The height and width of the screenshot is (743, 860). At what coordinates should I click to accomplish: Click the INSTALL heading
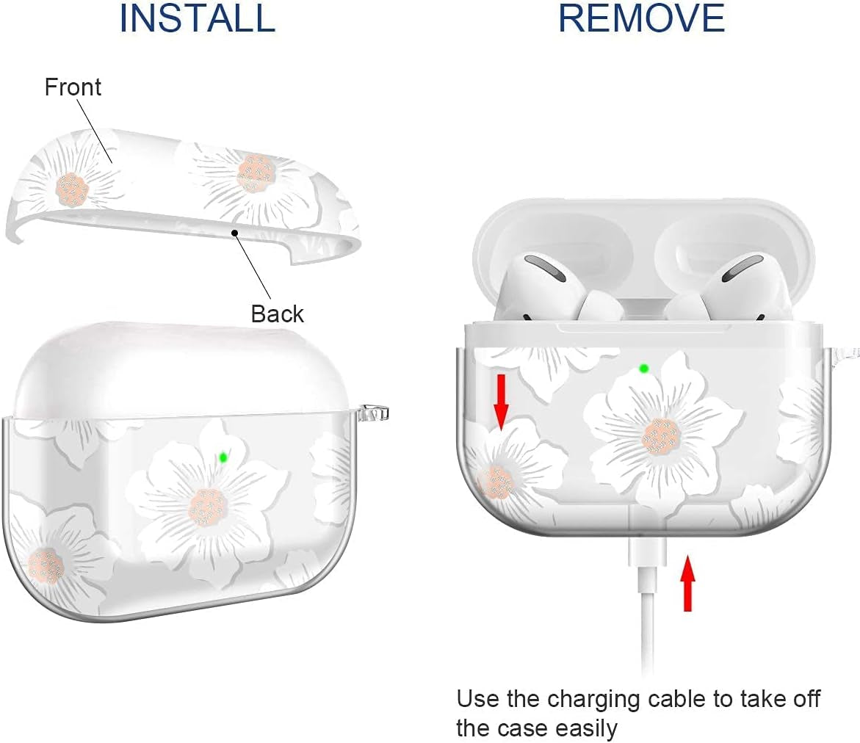(x=197, y=18)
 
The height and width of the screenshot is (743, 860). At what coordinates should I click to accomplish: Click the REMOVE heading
(x=641, y=18)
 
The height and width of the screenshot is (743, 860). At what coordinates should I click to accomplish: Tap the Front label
(x=73, y=87)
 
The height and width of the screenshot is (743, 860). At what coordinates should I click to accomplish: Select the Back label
(x=277, y=313)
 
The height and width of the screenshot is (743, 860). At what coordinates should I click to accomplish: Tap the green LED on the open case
(x=644, y=368)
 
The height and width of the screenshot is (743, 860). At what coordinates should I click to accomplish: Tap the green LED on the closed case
(x=223, y=457)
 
